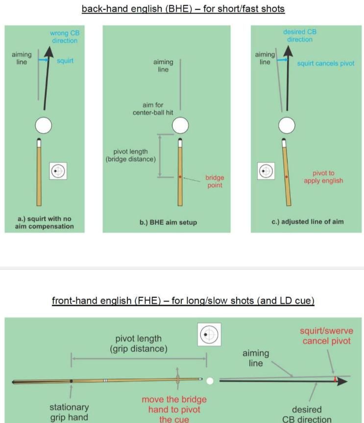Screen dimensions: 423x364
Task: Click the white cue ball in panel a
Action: pos(43,126)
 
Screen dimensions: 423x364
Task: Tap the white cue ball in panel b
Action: pos(180,126)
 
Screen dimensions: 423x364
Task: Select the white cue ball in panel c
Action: pos(287,126)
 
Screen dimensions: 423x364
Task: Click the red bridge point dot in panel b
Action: pos(180,177)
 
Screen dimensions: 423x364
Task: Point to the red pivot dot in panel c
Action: pos(287,177)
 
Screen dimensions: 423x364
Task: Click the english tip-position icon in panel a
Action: pos(58,171)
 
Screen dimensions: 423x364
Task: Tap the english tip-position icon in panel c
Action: pos(266,171)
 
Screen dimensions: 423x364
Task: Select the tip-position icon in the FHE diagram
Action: pos(209,335)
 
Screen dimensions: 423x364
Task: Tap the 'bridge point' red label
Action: pos(215,182)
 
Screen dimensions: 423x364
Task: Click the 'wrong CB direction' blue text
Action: pos(65,37)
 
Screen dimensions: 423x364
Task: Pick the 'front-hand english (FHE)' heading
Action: pos(183,301)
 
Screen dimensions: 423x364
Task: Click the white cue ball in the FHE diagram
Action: pos(210,380)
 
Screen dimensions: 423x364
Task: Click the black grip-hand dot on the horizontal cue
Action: pos(72,380)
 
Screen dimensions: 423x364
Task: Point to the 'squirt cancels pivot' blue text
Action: pos(325,64)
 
